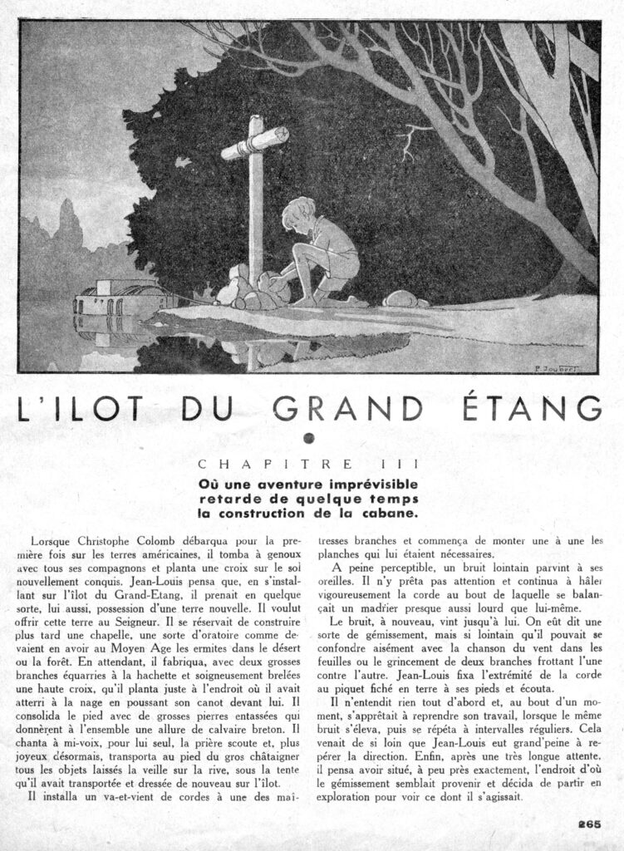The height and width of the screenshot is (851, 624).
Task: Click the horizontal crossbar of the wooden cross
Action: (x=254, y=140)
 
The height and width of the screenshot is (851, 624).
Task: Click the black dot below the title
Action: (x=311, y=439)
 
